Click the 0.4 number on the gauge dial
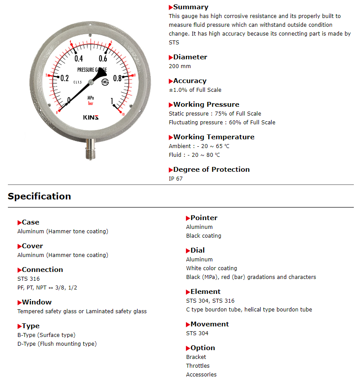click(x=79, y=59)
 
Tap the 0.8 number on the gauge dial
click(x=118, y=78)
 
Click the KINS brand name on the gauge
click(x=91, y=117)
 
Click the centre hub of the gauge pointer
click(x=91, y=82)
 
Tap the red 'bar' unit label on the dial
click(x=91, y=104)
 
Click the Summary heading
click(x=191, y=7)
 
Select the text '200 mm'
click(x=180, y=66)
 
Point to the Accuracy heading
click(x=189, y=81)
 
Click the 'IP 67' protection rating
click(x=176, y=179)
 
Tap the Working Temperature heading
click(x=214, y=137)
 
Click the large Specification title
click(x=39, y=196)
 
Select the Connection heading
click(x=42, y=270)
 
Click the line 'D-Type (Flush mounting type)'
click(x=57, y=344)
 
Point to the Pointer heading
click(x=204, y=218)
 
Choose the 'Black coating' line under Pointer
click(x=204, y=236)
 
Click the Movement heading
click(x=210, y=324)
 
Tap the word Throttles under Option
click(x=198, y=366)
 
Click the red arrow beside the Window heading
click(x=19, y=303)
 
